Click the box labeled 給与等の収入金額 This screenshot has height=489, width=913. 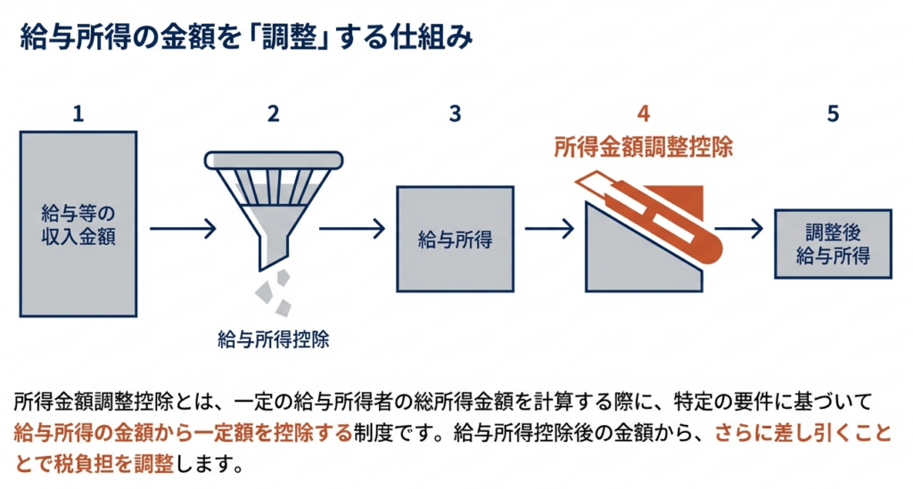pyautogui.click(x=78, y=224)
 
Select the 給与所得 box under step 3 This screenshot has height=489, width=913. pyautogui.click(x=455, y=239)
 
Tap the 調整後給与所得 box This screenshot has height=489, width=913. pyautogui.click(x=832, y=243)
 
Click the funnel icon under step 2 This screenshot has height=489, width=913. pyautogui.click(x=271, y=200)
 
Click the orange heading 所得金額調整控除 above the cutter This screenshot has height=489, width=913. pyautogui.click(x=643, y=148)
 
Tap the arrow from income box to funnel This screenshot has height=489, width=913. pyautogui.click(x=182, y=231)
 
